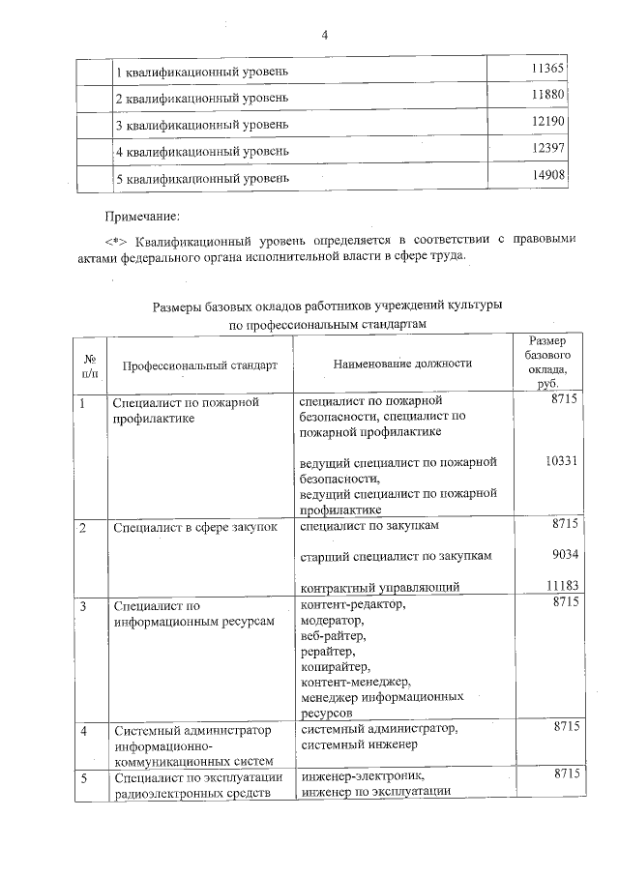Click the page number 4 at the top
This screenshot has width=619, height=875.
point(325,36)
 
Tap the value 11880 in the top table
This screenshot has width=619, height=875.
point(548,95)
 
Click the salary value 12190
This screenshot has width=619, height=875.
point(548,122)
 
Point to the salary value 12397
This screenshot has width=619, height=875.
point(548,148)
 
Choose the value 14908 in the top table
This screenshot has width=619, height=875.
point(548,175)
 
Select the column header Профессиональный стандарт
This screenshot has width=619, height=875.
point(199,365)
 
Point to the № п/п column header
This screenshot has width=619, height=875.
point(90,365)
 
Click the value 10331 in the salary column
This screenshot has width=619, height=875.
point(561,462)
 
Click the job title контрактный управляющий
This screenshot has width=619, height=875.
point(379,587)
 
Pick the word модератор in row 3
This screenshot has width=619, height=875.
point(333,621)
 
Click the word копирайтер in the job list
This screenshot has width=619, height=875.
point(336,667)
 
